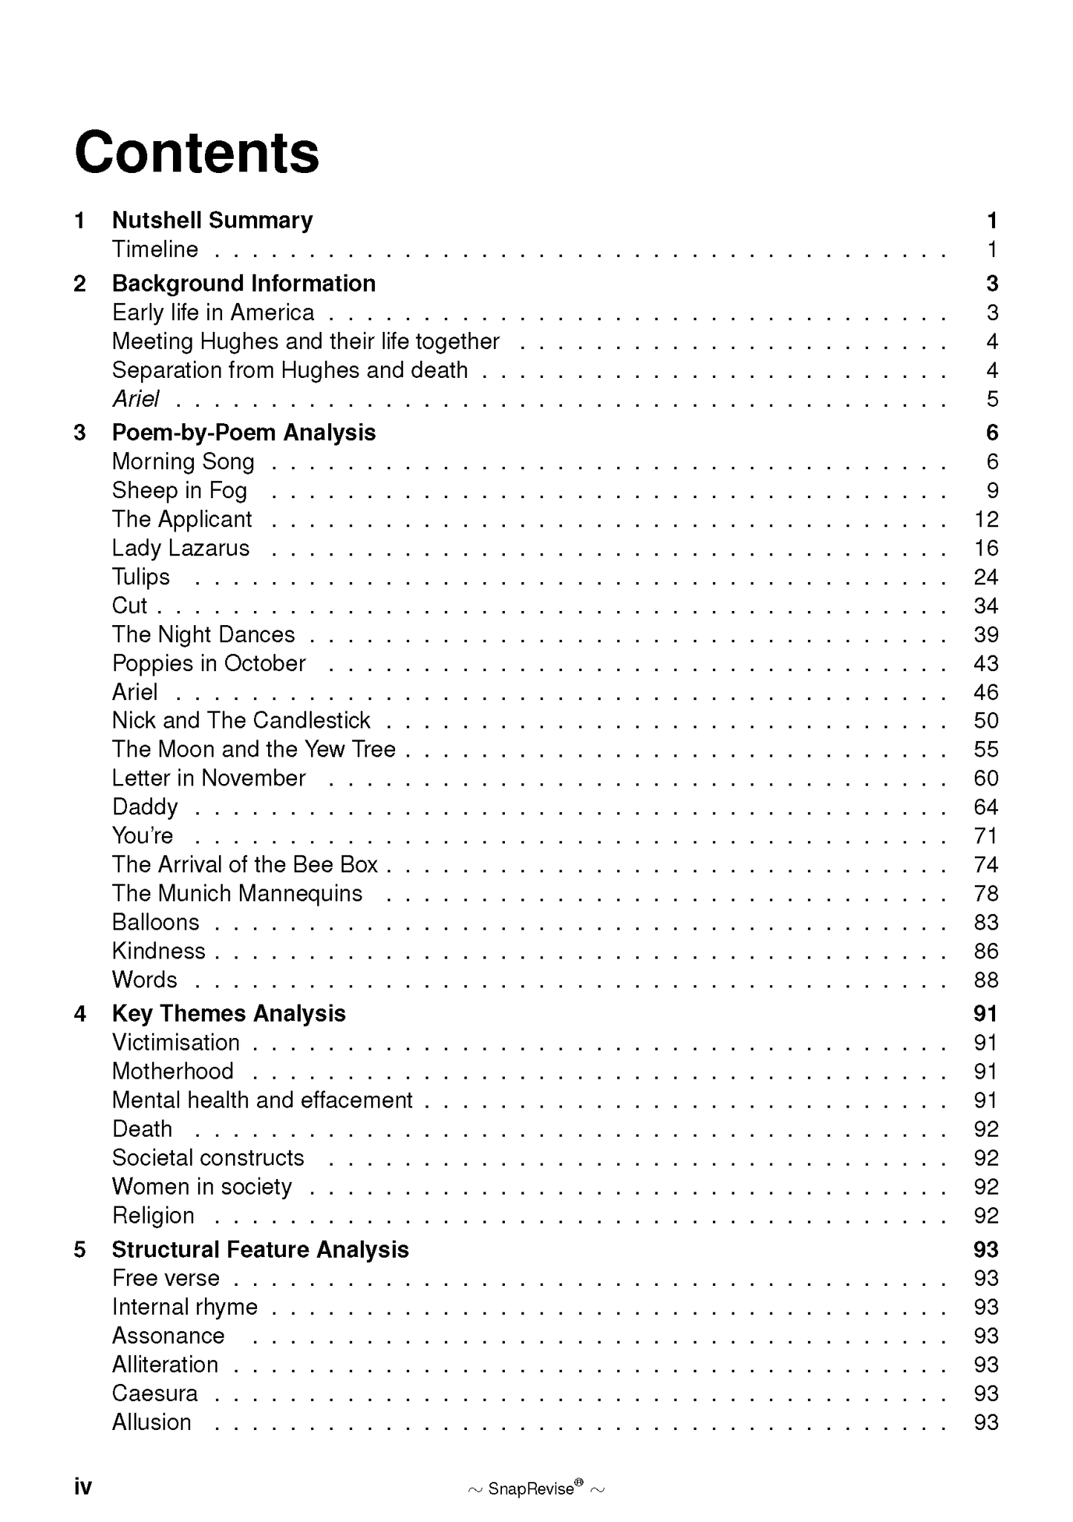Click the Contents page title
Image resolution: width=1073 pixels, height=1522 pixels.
point(197,153)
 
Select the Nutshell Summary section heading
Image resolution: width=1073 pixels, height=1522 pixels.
point(212,221)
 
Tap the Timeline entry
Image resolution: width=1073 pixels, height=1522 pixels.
point(155,249)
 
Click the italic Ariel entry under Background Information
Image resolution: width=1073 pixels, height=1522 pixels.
point(136,399)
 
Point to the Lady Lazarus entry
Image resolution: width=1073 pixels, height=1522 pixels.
point(180,549)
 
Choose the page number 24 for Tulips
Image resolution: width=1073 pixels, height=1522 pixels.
point(985,578)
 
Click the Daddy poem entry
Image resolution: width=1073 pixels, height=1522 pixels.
point(145,807)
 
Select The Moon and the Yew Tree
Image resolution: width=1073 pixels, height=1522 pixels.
point(253,749)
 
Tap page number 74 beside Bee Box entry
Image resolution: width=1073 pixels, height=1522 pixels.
point(985,865)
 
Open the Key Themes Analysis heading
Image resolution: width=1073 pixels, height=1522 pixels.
point(229,1013)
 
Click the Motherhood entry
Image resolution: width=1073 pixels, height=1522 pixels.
point(173,1071)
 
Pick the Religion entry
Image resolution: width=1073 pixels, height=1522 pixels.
point(153,1215)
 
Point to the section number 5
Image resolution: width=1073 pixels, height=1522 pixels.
point(80,1250)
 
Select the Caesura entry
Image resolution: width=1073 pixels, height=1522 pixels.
point(155,1394)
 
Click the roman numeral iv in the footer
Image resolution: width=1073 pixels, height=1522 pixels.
point(82,1486)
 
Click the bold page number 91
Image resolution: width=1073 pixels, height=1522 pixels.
point(985,1013)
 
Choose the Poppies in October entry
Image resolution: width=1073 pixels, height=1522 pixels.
point(209,664)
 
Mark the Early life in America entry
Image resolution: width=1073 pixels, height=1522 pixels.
point(213,313)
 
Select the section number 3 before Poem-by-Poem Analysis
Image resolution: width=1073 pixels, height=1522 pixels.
point(80,433)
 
